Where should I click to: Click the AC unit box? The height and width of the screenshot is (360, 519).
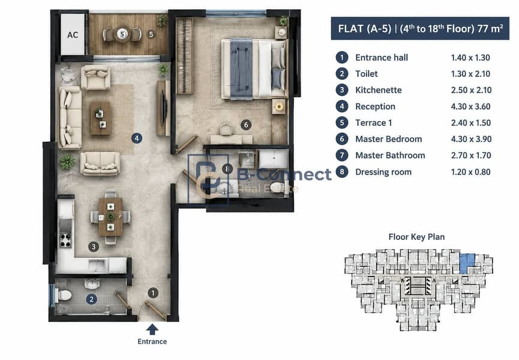coord(73,34)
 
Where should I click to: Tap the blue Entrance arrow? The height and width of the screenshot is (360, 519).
coord(152,329)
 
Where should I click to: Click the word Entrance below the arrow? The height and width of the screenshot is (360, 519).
coord(152,341)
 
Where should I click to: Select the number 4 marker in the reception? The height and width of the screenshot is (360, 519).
coord(137,138)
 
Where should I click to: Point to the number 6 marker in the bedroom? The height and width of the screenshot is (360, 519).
coord(246,125)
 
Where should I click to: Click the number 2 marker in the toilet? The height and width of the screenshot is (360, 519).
coord(92,299)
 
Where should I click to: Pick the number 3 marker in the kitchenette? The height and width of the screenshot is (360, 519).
coord(94,247)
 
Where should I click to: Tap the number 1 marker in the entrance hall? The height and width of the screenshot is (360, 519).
coord(152,293)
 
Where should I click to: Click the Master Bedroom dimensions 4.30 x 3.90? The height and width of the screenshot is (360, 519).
coord(471,139)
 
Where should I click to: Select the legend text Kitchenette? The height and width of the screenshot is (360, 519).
coord(379,90)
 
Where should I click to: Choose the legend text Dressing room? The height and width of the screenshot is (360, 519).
coord(383,172)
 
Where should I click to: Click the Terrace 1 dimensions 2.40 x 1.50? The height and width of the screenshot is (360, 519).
coord(470,123)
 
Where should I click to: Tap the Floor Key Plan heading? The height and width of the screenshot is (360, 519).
coord(416,237)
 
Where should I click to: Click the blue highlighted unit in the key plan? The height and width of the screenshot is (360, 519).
coord(467,263)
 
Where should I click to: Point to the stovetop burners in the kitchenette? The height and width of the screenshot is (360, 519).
coord(65,241)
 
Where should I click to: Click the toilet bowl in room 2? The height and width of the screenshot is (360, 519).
coord(64,295)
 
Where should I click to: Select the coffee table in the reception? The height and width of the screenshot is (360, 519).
coord(101,118)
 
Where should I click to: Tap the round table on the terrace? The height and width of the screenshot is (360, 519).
coord(122,34)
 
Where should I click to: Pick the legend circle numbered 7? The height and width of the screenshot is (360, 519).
coord(342,155)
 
